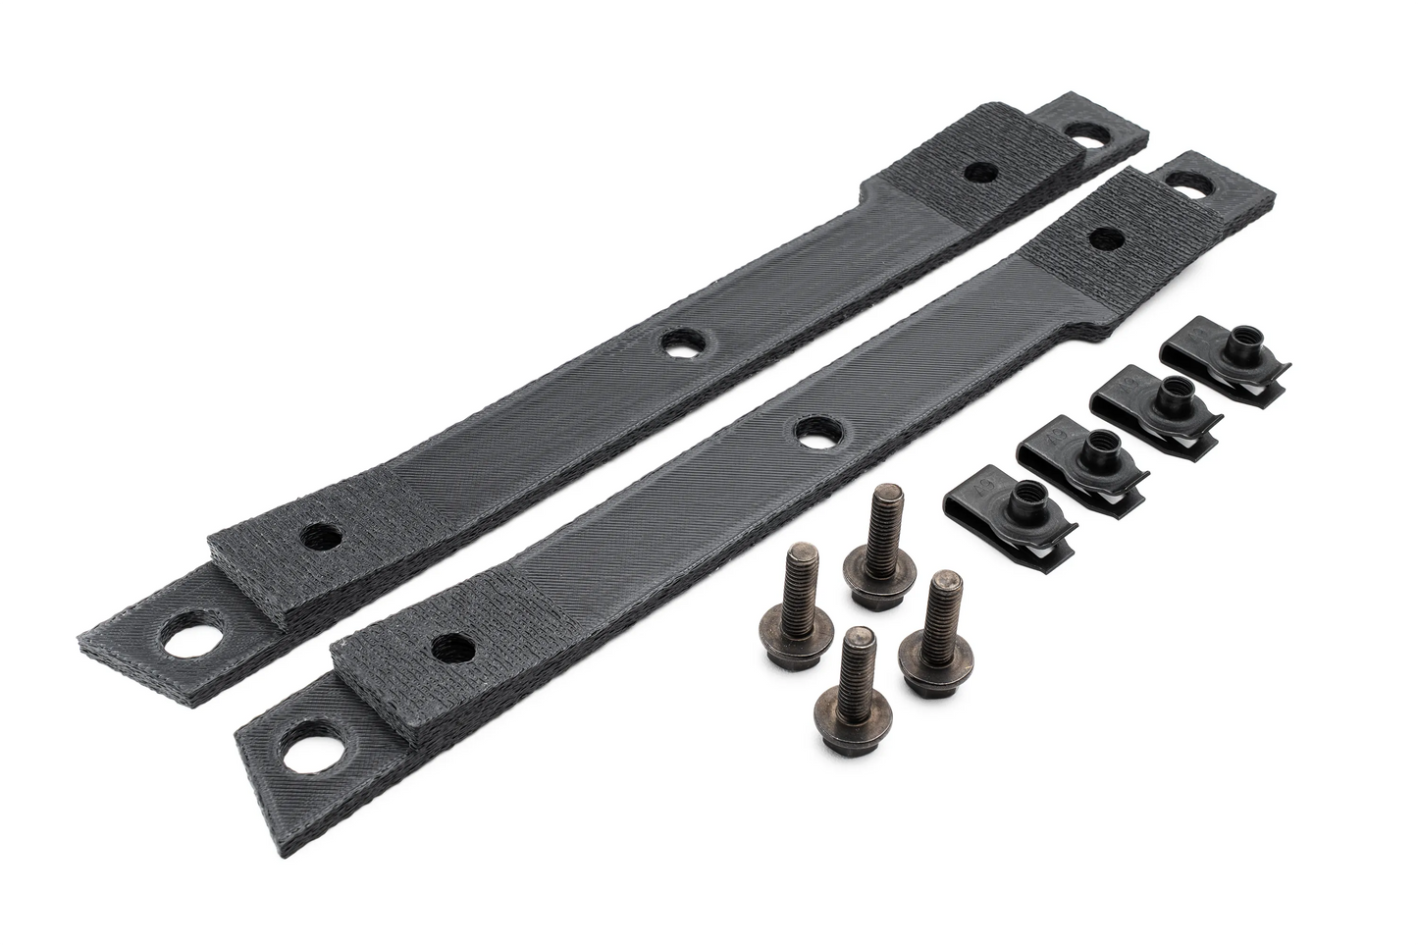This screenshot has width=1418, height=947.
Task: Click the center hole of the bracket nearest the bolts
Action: (x=814, y=432)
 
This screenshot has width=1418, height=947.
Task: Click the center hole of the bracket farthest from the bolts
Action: (x=676, y=344)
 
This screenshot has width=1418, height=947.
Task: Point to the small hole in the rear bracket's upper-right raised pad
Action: (x=979, y=173)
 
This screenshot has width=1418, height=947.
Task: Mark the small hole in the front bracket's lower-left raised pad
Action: (x=449, y=646)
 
